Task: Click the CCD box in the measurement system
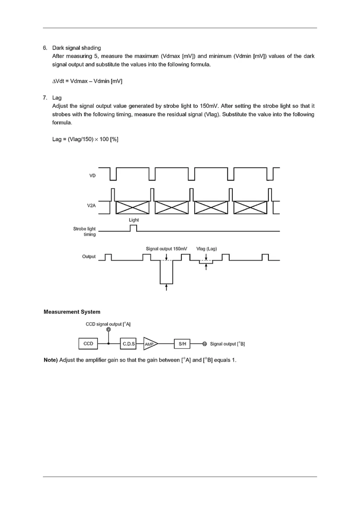pyautogui.click(x=88, y=344)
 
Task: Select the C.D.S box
pyautogui.click(x=128, y=344)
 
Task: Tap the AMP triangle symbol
pyautogui.click(x=150, y=344)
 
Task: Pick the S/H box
pyautogui.click(x=182, y=344)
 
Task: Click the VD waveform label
pyautogui.click(x=92, y=176)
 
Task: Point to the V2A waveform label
pyautogui.click(x=91, y=206)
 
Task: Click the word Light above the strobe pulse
pyautogui.click(x=134, y=220)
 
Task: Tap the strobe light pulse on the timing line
pyautogui.click(x=133, y=228)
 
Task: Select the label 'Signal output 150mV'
pyautogui.click(x=166, y=249)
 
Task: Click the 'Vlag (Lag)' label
pyautogui.click(x=206, y=249)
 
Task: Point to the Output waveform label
pyautogui.click(x=89, y=257)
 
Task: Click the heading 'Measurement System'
pyautogui.click(x=72, y=312)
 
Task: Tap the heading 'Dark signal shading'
pyautogui.click(x=76, y=48)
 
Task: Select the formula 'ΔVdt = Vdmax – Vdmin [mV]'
pyautogui.click(x=87, y=81)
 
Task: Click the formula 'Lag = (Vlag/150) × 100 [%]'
pyautogui.click(x=85, y=139)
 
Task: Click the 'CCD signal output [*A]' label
pyautogui.click(x=108, y=324)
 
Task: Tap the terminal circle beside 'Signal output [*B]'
pyautogui.click(x=205, y=344)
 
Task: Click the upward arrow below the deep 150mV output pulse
pyautogui.click(x=166, y=287)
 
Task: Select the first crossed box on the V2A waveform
pyautogui.click(x=133, y=207)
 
